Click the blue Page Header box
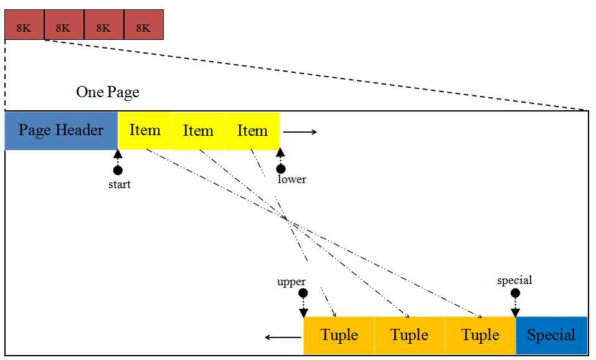point(61,131)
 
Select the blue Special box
point(552,335)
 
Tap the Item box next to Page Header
point(145,131)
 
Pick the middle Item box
point(199,131)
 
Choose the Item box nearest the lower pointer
point(253,131)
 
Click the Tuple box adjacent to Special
point(480,335)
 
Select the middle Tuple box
point(410,335)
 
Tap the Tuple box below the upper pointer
point(339,335)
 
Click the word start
point(120,184)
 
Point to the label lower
point(292,179)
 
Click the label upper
point(291,282)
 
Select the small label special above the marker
point(514,280)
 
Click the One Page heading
point(108,92)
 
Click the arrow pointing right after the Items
point(300,132)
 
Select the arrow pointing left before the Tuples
point(283,337)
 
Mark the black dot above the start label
point(118,170)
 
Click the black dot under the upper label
point(303,293)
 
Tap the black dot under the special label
point(515,293)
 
